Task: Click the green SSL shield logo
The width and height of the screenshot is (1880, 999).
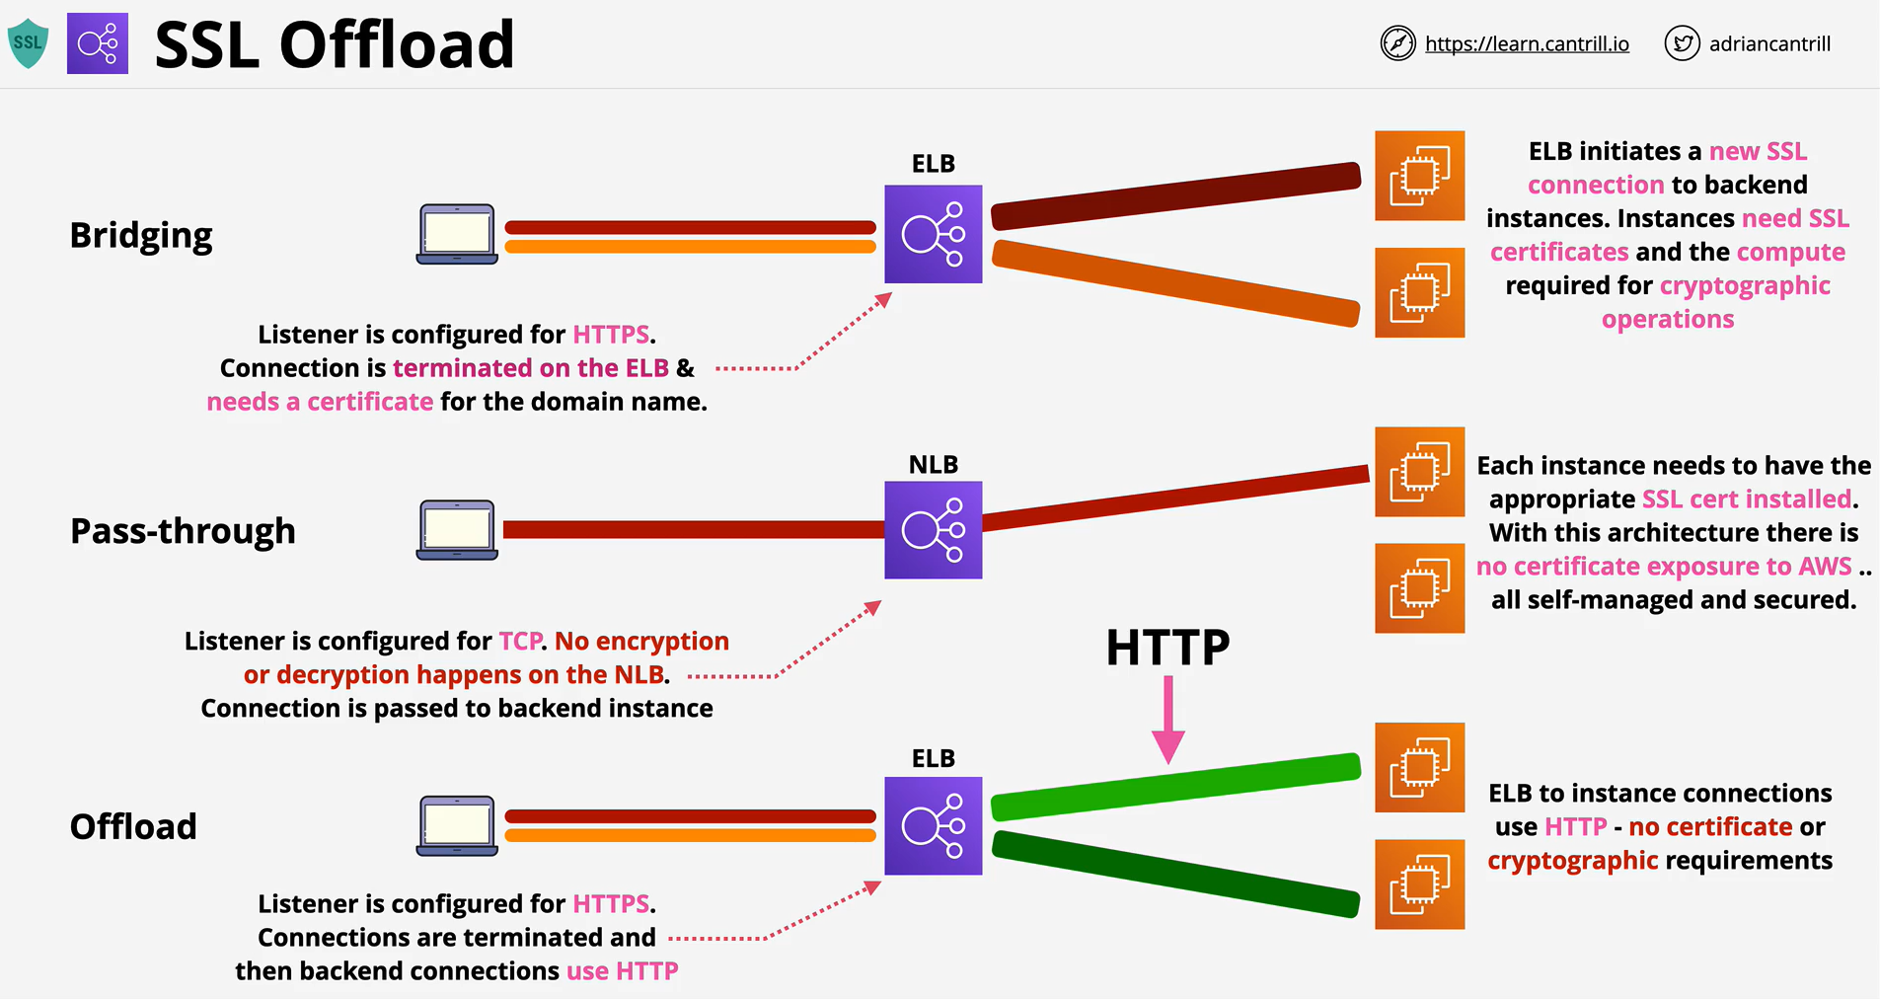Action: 28,43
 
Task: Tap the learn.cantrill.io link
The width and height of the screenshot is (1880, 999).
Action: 1527,44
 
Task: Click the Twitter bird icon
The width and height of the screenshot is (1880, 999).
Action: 1682,43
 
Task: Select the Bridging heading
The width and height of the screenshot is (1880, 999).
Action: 141,236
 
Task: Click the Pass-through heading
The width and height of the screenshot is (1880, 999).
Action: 183,531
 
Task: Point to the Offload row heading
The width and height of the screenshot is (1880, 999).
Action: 133,826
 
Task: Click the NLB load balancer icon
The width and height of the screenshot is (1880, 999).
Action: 934,530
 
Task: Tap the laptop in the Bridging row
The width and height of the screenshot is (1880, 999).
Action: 457,234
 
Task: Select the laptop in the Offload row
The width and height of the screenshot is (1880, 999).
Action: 457,825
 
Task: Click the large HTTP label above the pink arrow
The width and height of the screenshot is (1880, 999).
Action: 1167,648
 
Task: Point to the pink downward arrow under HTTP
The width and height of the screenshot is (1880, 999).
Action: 1168,720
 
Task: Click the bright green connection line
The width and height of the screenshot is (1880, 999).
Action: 1175,787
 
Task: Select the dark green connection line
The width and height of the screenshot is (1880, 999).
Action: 1175,874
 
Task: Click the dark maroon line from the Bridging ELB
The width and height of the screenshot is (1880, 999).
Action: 1175,196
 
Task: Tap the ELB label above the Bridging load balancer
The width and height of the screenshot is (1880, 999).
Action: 934,164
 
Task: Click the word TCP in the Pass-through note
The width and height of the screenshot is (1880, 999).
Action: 520,642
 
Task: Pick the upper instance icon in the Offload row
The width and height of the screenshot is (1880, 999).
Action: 1420,767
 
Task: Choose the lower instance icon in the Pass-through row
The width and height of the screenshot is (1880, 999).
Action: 1420,588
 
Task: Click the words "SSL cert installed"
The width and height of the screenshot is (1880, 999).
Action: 1747,499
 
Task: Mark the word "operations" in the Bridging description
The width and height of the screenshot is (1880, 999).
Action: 1668,320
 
